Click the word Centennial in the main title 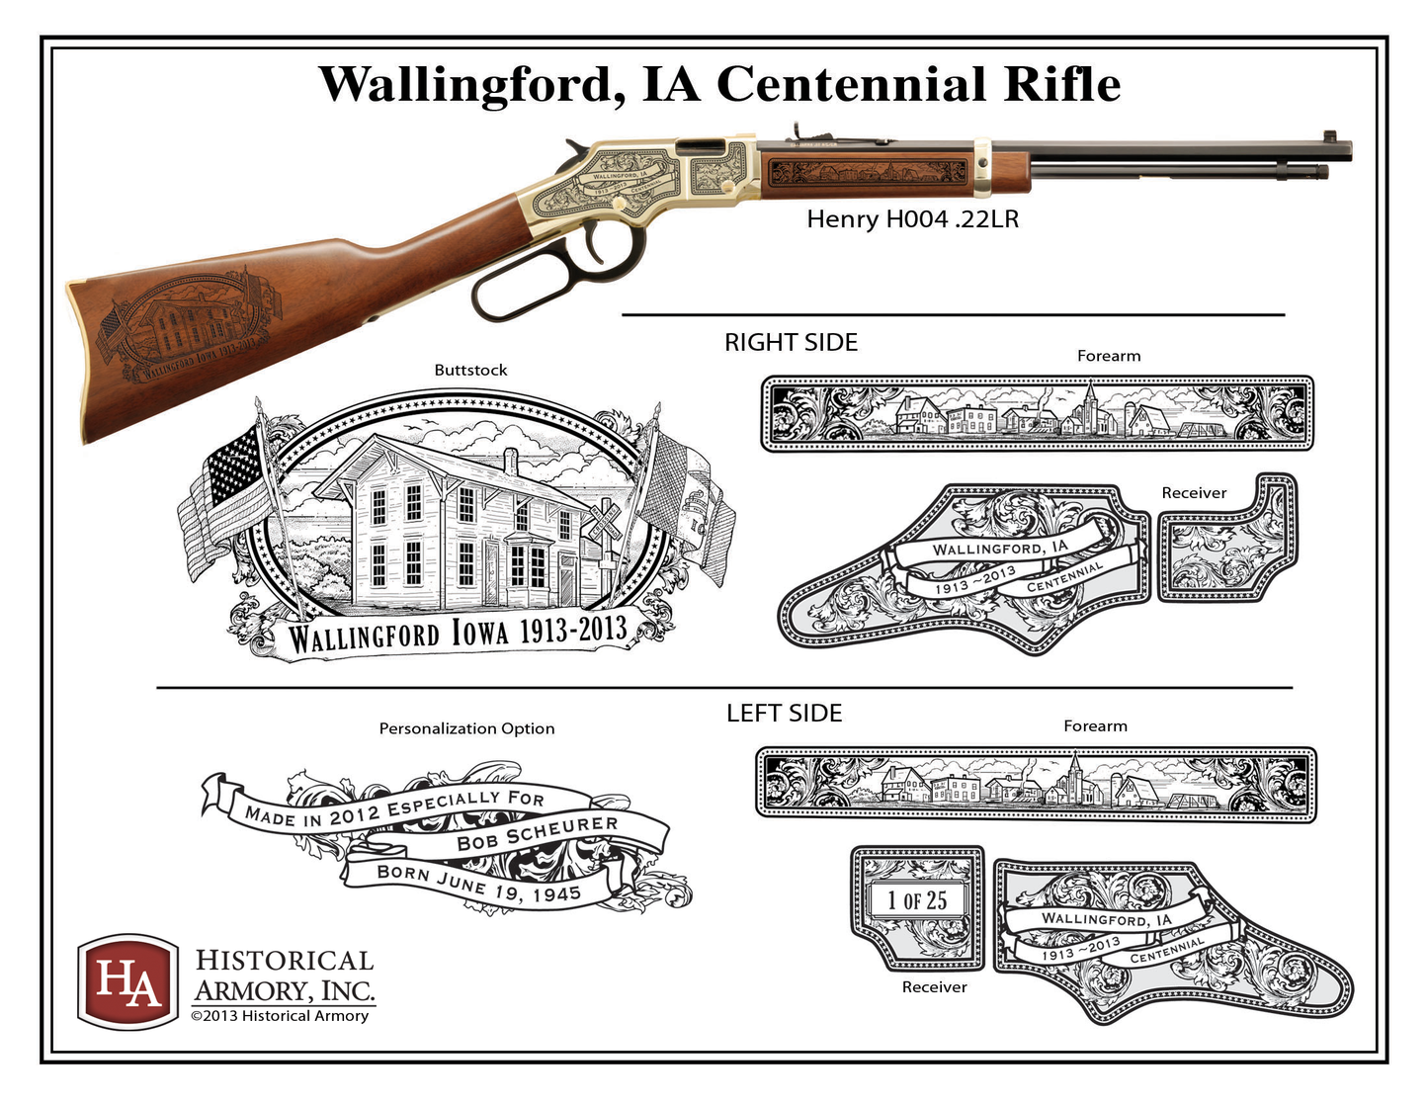tap(850, 84)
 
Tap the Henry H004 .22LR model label tap(912, 219)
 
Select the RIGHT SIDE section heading tap(791, 343)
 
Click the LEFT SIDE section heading tap(784, 714)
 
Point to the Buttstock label tap(470, 371)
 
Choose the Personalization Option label tap(466, 729)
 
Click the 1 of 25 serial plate tap(917, 900)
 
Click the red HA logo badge tap(127, 980)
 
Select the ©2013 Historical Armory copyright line tap(280, 1016)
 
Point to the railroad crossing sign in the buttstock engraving tap(604, 521)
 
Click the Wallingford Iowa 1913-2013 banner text tap(458, 633)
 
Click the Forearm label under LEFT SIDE tap(1095, 726)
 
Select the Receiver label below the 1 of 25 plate tap(934, 987)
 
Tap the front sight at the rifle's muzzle tap(1330, 136)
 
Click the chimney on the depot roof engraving tap(510, 461)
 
